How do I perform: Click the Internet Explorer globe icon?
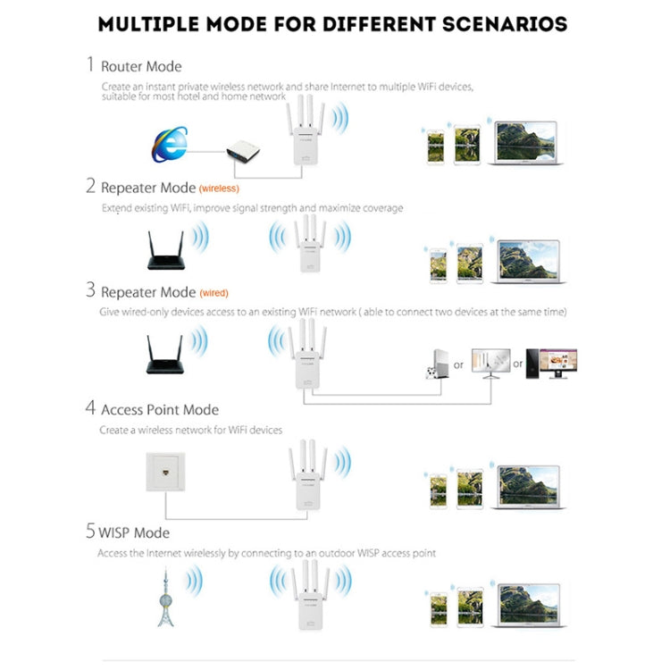(x=171, y=146)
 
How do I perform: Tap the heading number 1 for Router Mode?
(x=89, y=64)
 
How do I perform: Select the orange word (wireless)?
(x=219, y=188)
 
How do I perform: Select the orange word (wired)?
(x=214, y=293)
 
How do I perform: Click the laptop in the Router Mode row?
(x=528, y=144)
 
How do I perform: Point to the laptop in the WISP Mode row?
(x=528, y=606)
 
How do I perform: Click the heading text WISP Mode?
(x=135, y=532)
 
